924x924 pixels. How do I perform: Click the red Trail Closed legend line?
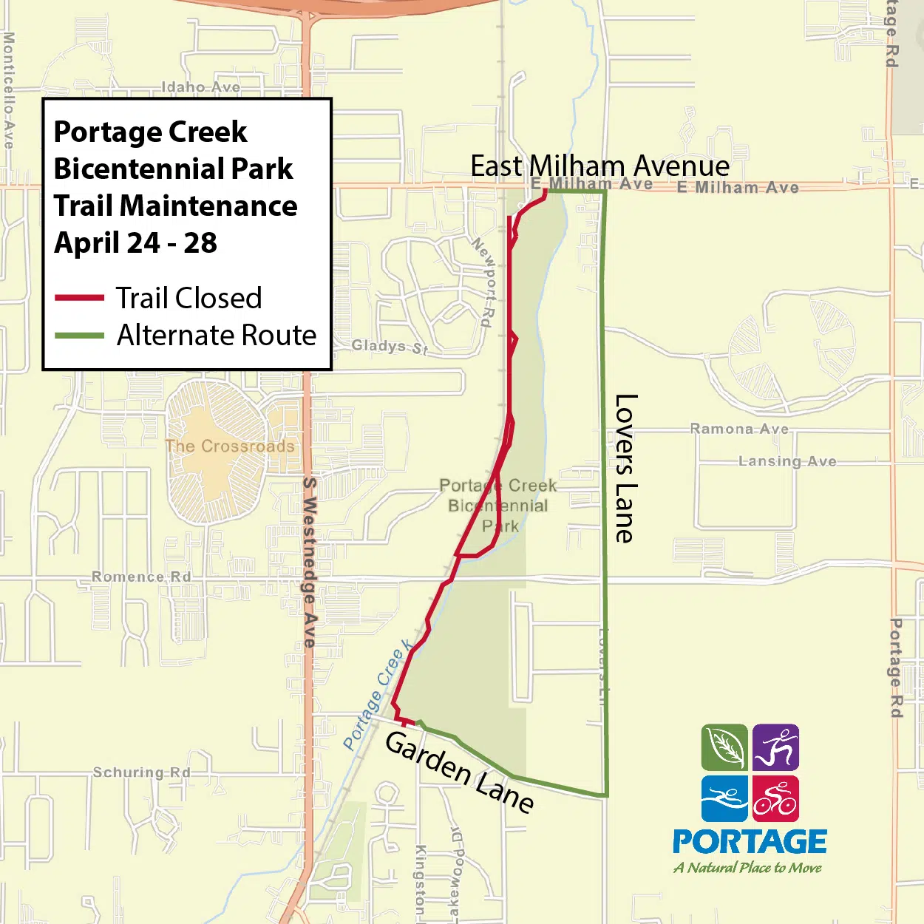[x=79, y=298]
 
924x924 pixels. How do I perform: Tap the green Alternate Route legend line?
[x=79, y=336]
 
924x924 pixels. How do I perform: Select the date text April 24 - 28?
[x=135, y=242]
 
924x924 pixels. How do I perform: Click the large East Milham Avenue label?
[x=599, y=166]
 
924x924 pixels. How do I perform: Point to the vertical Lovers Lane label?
[x=625, y=468]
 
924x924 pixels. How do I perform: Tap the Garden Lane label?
[x=459, y=772]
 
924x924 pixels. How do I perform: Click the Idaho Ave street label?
[x=201, y=87]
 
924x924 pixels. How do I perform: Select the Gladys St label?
[x=390, y=346]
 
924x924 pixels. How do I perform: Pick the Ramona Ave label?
[x=739, y=429]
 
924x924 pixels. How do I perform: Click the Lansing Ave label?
[x=787, y=461]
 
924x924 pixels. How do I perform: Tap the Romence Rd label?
[x=141, y=577]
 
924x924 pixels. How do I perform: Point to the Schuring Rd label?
[x=141, y=772]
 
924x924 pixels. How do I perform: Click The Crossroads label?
[x=230, y=446]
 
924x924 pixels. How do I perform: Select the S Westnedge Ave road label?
[x=310, y=562]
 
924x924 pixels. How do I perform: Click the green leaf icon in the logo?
[x=724, y=747]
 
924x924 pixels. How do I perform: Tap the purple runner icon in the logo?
[x=775, y=747]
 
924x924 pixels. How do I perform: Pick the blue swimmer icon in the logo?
[x=724, y=798]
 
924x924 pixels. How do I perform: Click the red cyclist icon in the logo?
[x=775, y=798]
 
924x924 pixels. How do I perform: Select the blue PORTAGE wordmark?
[x=750, y=842]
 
